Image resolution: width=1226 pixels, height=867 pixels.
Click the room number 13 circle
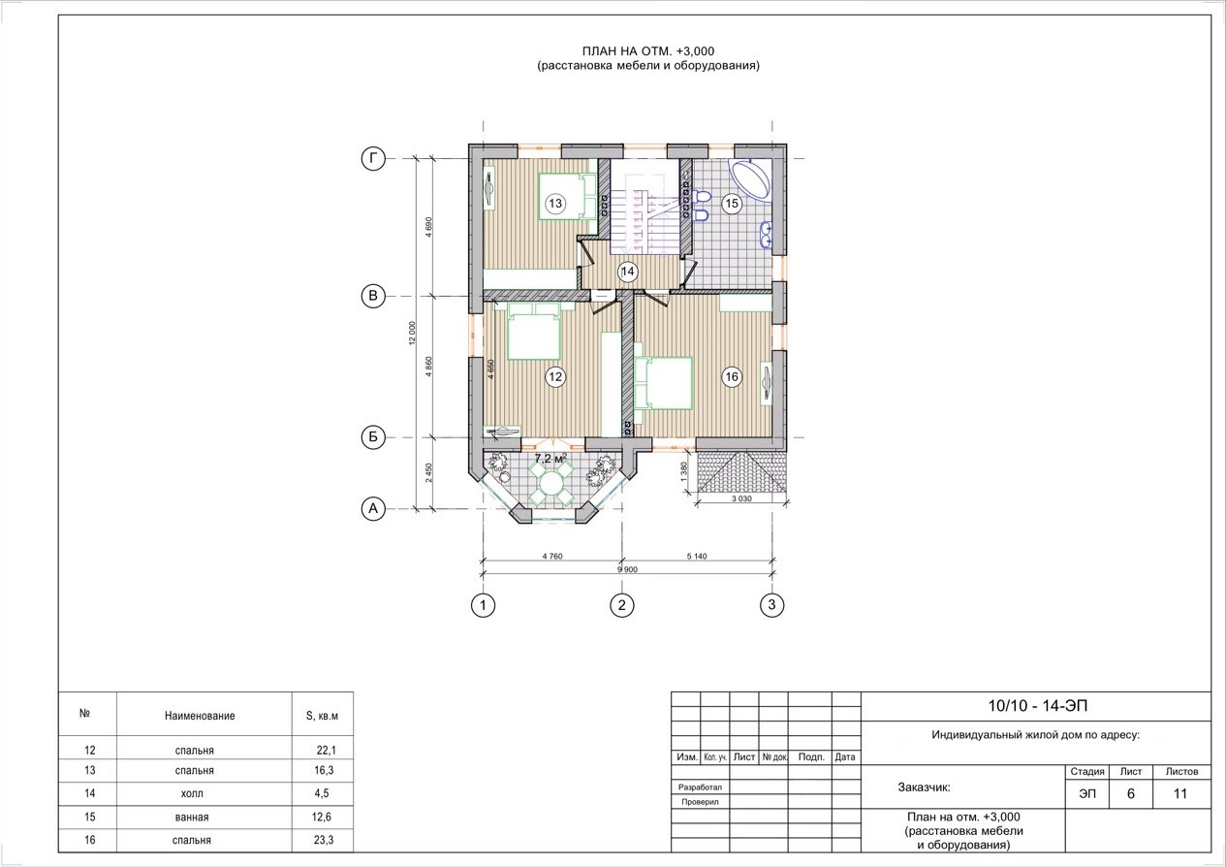tap(555, 204)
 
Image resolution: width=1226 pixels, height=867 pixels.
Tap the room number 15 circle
tap(732, 204)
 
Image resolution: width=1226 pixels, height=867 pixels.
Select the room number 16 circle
tap(732, 376)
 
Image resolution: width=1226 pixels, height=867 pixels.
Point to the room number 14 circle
tap(627, 272)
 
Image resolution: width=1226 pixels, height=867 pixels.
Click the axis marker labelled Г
tap(373, 159)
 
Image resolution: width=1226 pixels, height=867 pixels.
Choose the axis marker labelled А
tap(373, 509)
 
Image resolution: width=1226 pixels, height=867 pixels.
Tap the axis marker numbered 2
tap(622, 605)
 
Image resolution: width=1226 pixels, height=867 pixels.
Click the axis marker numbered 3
tap(771, 604)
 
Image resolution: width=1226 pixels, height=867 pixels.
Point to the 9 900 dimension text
tap(627, 569)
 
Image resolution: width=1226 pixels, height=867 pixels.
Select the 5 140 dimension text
tap(697, 557)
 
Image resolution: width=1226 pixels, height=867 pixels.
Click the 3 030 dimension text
tap(741, 498)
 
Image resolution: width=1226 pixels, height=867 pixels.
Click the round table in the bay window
tap(551, 483)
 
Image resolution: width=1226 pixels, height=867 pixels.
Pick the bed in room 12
tap(534, 332)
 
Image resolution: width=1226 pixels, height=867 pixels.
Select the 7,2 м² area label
tap(550, 459)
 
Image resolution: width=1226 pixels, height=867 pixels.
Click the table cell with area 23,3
tap(324, 840)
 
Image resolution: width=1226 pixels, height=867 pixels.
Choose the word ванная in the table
tap(192, 818)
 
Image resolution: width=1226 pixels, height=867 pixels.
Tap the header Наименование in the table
tap(200, 716)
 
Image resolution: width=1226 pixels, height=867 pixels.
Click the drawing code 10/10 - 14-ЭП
tap(1037, 706)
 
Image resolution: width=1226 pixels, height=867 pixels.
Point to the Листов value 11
tap(1180, 793)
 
